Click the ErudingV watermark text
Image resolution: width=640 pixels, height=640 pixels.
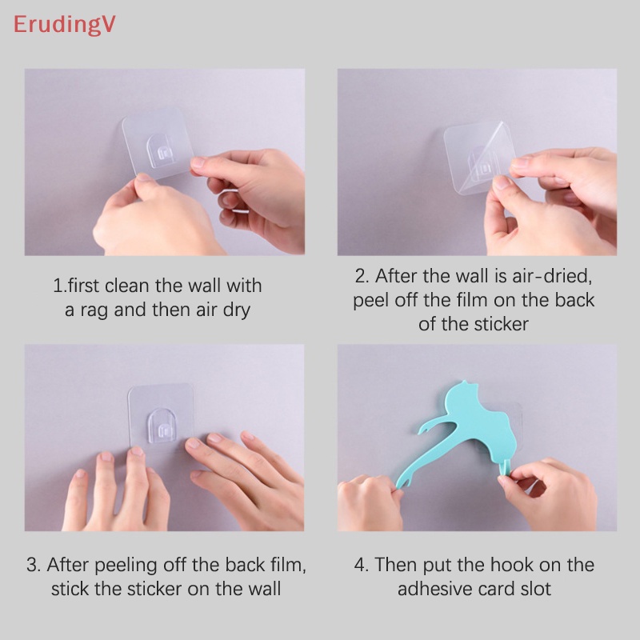point(64,24)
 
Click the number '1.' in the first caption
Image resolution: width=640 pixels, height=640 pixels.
point(59,285)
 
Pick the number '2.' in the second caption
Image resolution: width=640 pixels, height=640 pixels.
point(362,276)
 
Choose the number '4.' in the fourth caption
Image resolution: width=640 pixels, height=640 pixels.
point(362,564)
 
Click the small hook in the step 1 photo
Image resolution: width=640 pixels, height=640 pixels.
point(164,151)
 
